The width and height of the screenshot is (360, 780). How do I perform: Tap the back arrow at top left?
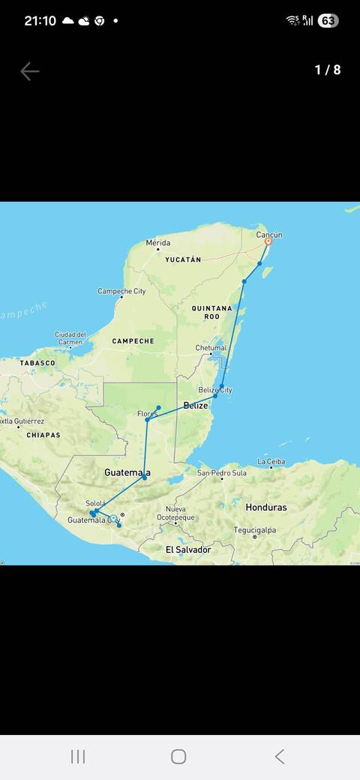point(29,71)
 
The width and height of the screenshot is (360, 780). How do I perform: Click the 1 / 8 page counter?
point(327,70)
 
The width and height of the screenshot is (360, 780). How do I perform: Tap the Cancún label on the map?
point(269,235)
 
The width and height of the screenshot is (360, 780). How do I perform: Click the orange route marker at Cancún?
point(268,241)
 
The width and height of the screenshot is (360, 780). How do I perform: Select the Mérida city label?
point(158,243)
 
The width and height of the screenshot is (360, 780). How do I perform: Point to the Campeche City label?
point(121,291)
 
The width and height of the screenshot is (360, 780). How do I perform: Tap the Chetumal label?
point(211,348)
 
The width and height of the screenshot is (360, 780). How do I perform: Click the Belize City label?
point(215,390)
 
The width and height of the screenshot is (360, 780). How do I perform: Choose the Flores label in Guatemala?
point(148,414)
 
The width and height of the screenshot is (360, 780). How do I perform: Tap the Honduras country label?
point(265,507)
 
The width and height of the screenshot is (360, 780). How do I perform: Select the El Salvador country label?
point(188,550)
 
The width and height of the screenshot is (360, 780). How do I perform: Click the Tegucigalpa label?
point(254,530)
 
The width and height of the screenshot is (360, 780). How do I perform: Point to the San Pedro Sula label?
point(222,473)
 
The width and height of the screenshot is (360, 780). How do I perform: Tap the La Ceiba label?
point(271,461)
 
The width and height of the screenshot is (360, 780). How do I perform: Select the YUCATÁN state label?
point(183,259)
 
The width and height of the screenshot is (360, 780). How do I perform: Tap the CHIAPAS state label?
point(43,435)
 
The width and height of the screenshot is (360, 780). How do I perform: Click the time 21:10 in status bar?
point(40,21)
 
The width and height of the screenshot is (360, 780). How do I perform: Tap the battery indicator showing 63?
point(328,21)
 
